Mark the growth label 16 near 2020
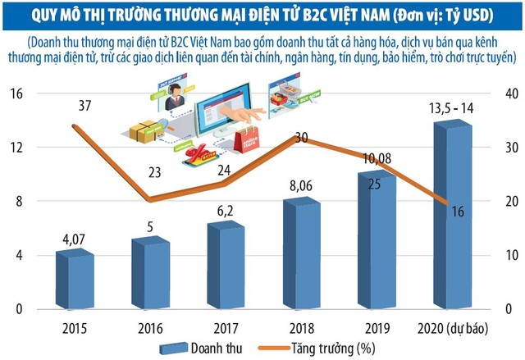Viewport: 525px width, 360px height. tap(457, 212)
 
